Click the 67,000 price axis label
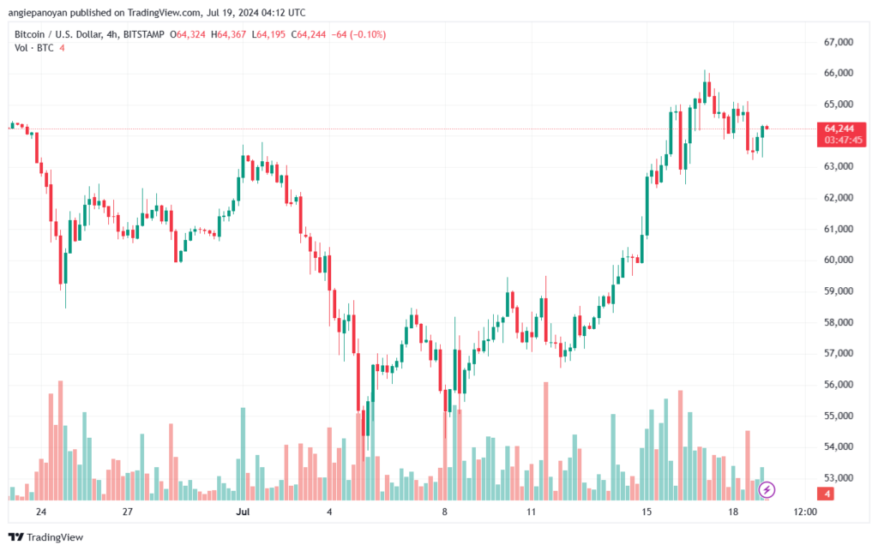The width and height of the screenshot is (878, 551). click(839, 42)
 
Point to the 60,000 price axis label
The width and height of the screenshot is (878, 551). click(839, 260)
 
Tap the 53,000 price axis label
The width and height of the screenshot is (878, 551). click(839, 477)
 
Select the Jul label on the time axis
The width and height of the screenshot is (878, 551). click(243, 512)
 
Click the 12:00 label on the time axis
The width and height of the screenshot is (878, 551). click(805, 512)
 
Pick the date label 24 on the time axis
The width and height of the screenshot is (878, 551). click(41, 512)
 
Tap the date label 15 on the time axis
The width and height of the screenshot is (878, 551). click(646, 512)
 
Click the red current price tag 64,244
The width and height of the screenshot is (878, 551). click(839, 129)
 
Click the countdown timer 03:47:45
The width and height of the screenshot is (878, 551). click(844, 140)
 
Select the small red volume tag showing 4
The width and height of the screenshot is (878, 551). click(827, 494)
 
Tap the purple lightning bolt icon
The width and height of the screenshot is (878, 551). click(767, 490)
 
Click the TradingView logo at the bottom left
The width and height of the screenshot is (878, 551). click(46, 537)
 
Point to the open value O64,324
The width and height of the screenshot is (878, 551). click(187, 34)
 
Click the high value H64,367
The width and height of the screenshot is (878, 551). click(228, 34)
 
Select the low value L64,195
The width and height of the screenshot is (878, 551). click(268, 34)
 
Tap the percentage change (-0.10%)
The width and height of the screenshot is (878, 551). click(368, 34)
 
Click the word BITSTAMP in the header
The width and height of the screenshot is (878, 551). click(144, 34)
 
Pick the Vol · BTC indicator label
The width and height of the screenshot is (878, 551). click(33, 48)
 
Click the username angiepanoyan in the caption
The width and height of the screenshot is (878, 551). click(36, 12)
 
